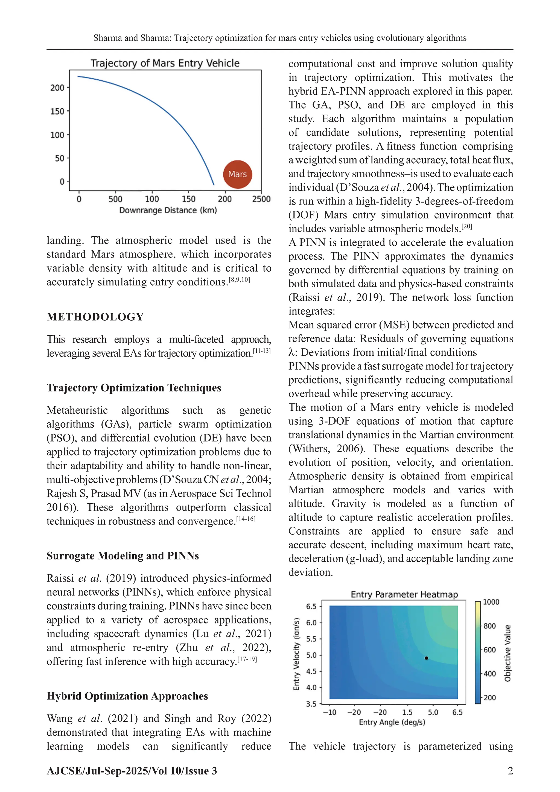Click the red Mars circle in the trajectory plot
(238, 174)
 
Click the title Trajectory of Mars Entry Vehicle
(165, 63)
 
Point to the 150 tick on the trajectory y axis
(58, 111)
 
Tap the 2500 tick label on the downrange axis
(261, 199)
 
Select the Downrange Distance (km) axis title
(168, 210)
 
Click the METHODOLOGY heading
(95, 317)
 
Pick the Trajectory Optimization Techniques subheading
(134, 388)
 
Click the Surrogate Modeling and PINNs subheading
(123, 556)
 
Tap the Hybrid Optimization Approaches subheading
(127, 696)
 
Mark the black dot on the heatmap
(426, 658)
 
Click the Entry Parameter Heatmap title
(404, 594)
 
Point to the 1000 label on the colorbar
(491, 602)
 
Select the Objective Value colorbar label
(507, 653)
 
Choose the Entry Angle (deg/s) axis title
(392, 722)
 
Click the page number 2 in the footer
(510, 771)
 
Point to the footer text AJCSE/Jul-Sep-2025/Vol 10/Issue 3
(132, 771)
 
